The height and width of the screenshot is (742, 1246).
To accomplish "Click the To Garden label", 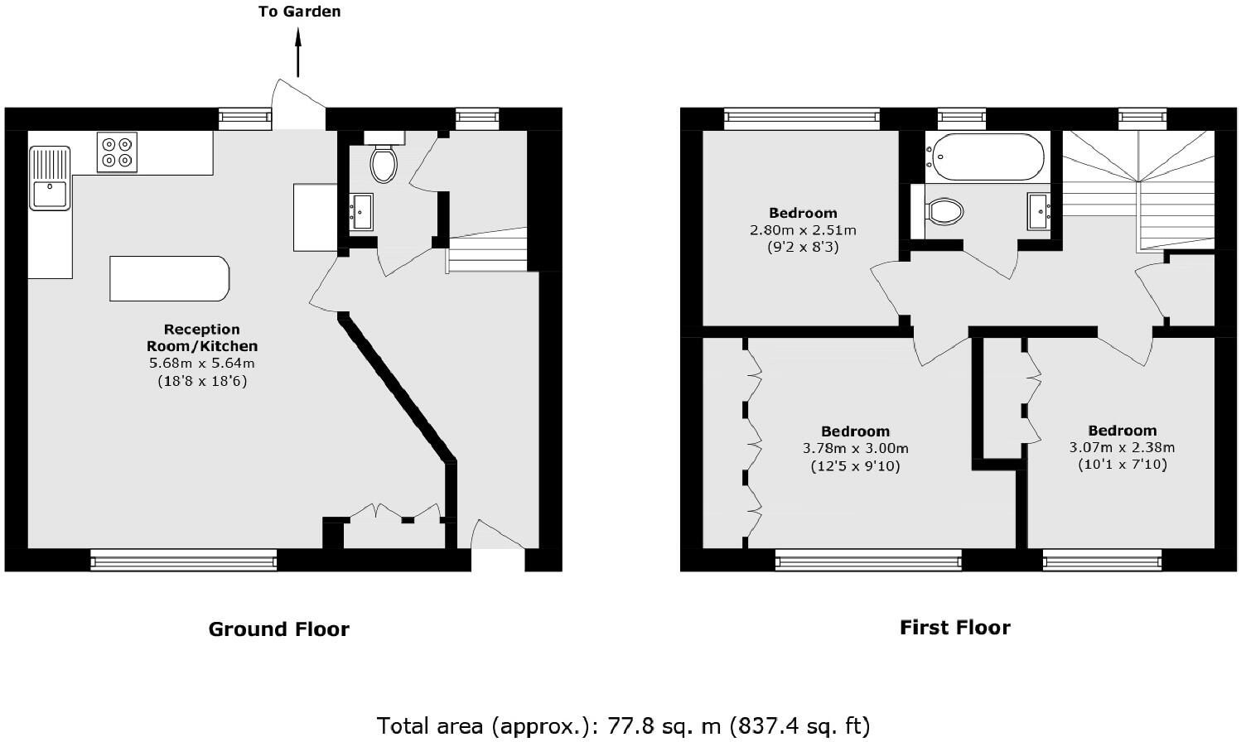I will [299, 12].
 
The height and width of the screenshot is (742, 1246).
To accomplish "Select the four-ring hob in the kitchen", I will [116, 152].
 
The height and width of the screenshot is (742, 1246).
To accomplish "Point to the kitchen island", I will [169, 278].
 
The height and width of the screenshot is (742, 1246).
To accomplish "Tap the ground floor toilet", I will [383, 163].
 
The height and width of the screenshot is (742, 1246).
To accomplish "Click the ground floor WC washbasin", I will [361, 211].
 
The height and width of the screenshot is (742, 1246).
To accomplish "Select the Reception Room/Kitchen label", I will [202, 338].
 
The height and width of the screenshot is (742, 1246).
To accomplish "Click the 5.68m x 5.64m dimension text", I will [202, 364].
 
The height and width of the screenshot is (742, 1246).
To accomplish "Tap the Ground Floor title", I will [278, 629].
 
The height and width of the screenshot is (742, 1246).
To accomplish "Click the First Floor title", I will [954, 628].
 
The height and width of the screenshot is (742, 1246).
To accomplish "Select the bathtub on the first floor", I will [985, 157].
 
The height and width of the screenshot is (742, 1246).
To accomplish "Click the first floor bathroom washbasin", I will [1040, 210].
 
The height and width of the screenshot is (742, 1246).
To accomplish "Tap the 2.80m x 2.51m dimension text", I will [803, 230].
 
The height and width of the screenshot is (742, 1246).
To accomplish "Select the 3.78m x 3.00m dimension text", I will [855, 449].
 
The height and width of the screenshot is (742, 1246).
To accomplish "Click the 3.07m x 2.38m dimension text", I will [1122, 448].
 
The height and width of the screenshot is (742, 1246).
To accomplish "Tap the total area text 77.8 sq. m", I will [623, 726].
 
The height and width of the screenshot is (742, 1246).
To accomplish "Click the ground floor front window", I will [183, 561].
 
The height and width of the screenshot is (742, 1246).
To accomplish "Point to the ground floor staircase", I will [487, 250].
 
